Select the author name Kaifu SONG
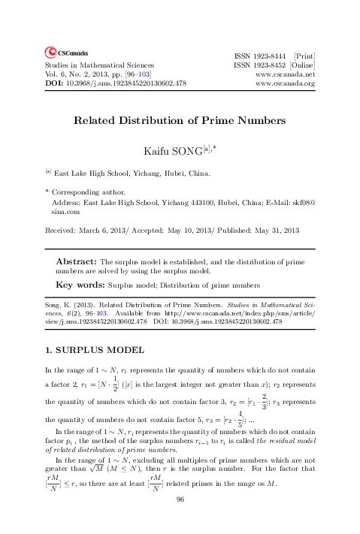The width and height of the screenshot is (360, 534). point(175,153)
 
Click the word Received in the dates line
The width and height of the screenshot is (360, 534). point(62,229)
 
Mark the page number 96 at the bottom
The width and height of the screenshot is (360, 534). point(180,520)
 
